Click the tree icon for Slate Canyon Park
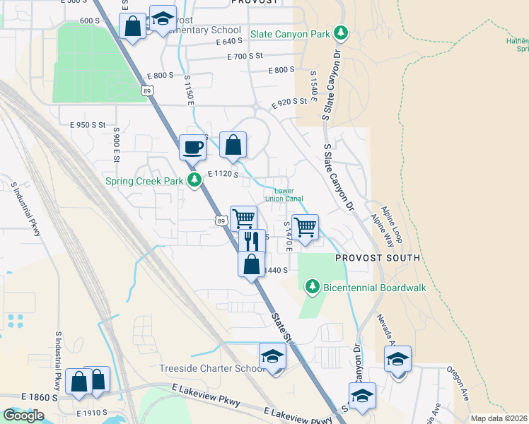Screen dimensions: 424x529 [342, 32]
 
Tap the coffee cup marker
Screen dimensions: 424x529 [193, 148]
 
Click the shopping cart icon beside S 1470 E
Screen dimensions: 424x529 [305, 228]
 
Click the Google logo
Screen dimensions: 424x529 [23, 416]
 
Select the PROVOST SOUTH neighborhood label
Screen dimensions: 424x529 [377, 259]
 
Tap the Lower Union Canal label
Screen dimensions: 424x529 [284, 194]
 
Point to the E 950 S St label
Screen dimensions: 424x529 [87, 124]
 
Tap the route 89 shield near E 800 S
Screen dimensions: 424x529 [146, 90]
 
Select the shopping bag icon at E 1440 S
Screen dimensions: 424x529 [251, 264]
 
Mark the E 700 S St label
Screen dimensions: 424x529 [238, 55]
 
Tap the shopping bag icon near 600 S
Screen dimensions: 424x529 [132, 26]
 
